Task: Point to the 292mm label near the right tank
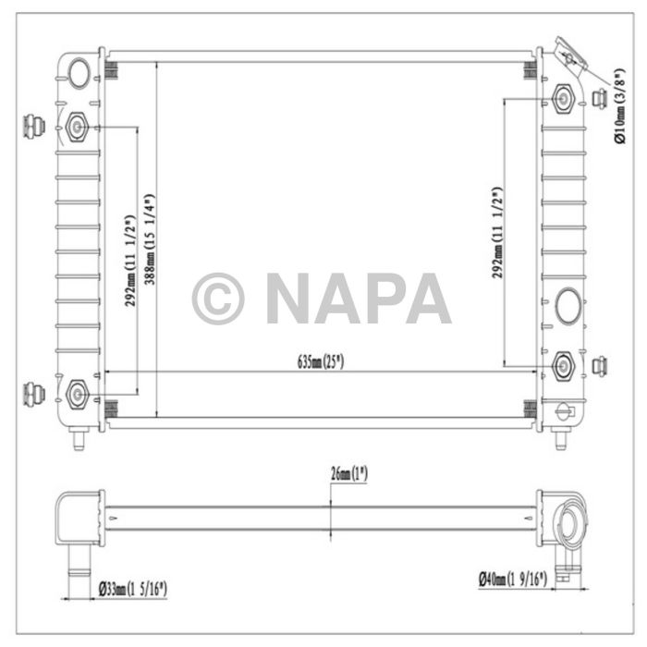[x=498, y=232]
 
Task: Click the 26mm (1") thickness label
[x=348, y=474]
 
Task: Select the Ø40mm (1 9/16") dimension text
[x=512, y=580]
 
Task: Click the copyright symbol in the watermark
[x=218, y=298]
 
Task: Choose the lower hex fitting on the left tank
[x=78, y=395]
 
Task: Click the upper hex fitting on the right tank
[x=563, y=98]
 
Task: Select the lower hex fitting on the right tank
[x=562, y=367]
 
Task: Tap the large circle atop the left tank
[x=80, y=71]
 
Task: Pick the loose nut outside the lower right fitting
[x=599, y=367]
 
